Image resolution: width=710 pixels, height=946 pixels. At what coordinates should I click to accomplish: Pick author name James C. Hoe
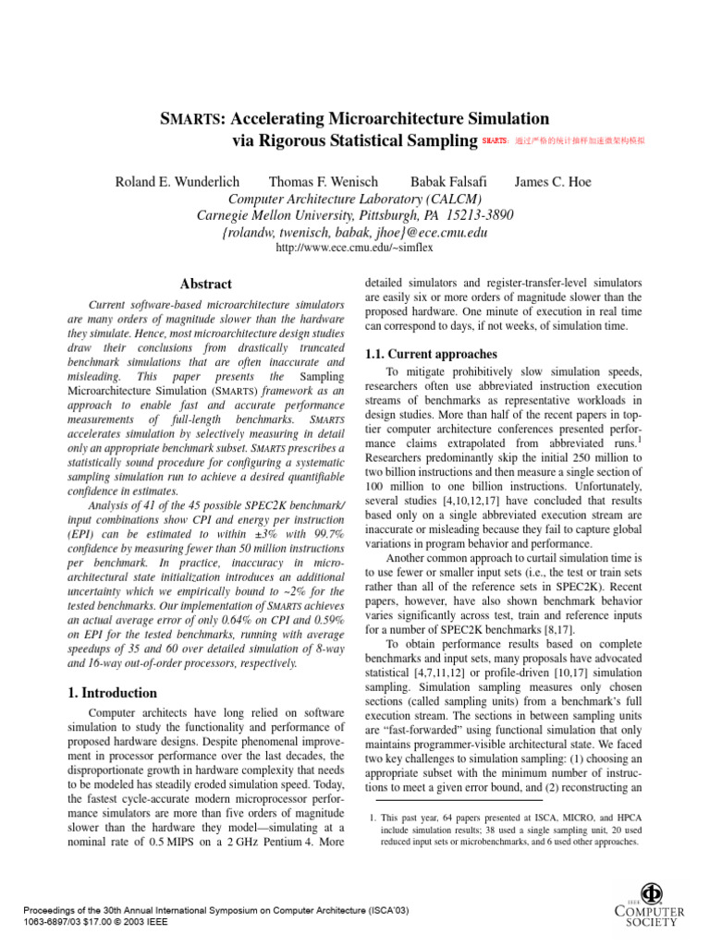(x=552, y=182)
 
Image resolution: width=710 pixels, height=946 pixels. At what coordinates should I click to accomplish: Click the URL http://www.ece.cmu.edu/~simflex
(x=355, y=248)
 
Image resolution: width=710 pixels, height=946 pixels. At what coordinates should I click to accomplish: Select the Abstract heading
(x=205, y=285)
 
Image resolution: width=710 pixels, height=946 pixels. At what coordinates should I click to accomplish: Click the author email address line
(x=355, y=232)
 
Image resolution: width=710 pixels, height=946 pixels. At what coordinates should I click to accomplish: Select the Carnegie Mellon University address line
(x=355, y=215)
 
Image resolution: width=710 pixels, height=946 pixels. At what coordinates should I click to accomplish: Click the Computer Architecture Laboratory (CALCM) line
(x=355, y=199)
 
